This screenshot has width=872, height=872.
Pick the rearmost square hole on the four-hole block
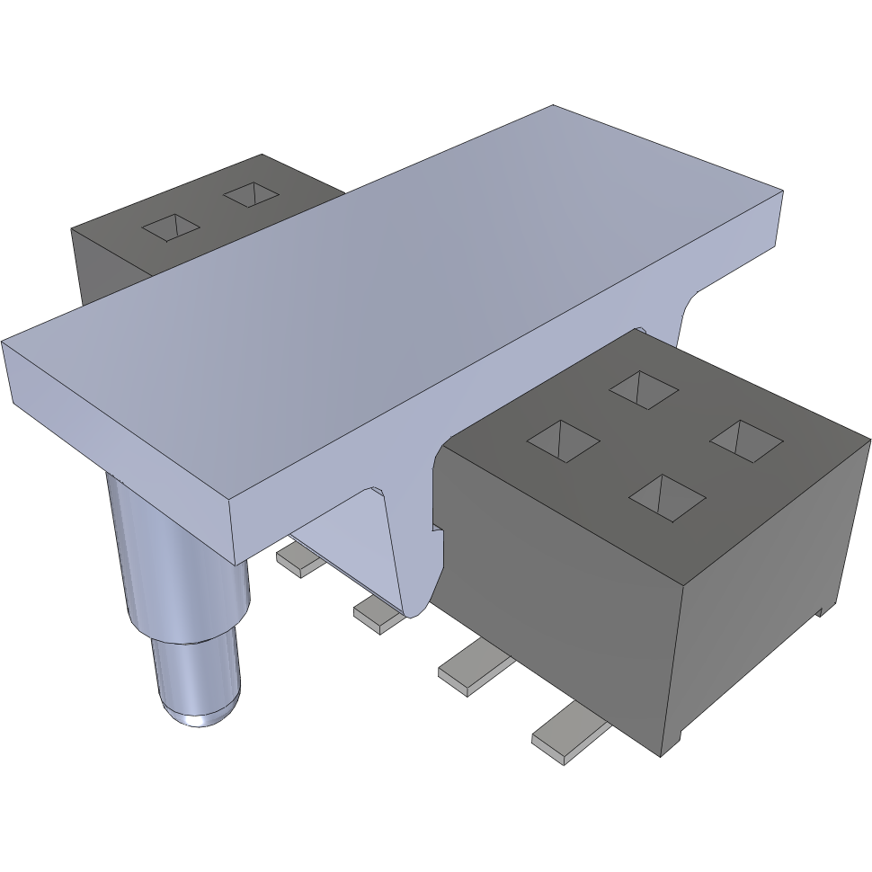click(644, 387)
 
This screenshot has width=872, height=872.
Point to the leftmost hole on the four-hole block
click(563, 441)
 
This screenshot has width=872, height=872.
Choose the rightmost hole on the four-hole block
click(746, 440)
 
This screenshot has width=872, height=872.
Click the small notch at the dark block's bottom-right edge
click(819, 612)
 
